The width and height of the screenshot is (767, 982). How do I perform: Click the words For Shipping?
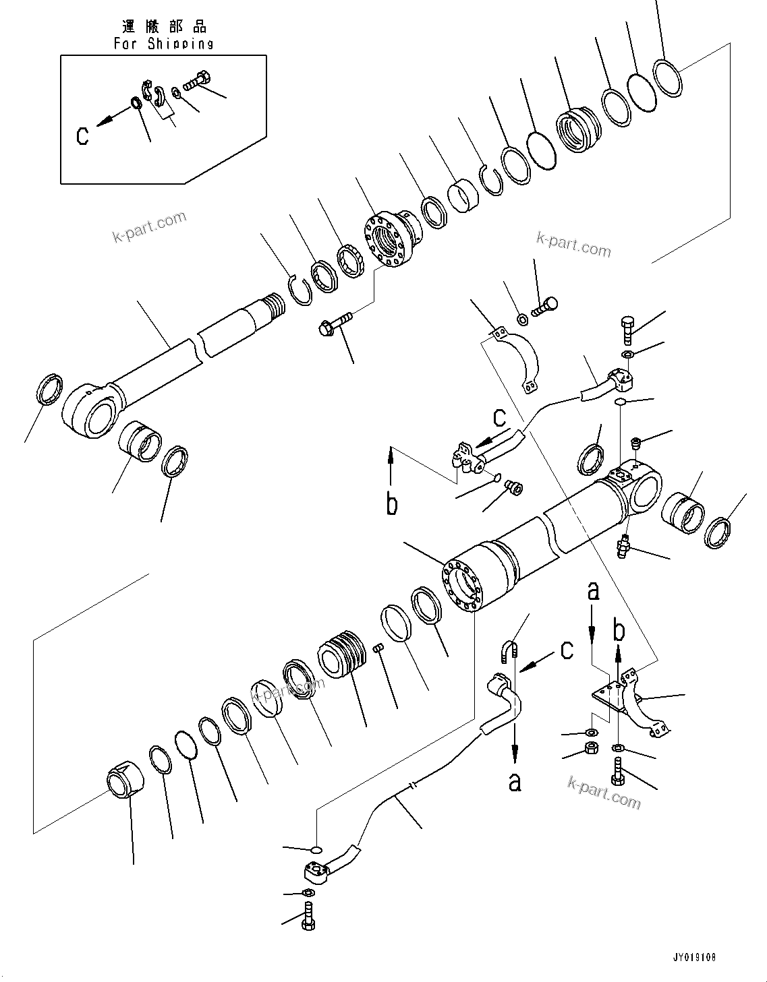(163, 44)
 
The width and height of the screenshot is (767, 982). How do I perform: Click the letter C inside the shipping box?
(82, 135)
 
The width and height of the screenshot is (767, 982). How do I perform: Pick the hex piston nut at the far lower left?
(126, 780)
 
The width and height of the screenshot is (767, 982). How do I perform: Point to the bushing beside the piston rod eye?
(140, 442)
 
